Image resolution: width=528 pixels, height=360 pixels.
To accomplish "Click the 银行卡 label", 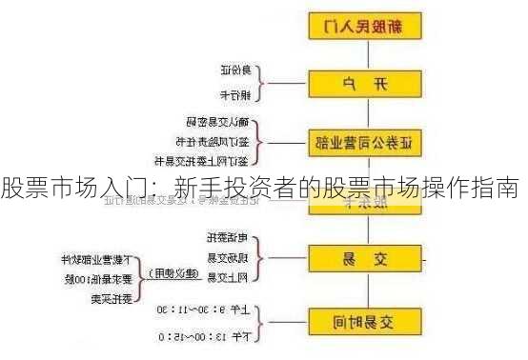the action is coord(234,94).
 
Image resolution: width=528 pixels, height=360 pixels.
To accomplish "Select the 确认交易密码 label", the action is coord(218,123).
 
